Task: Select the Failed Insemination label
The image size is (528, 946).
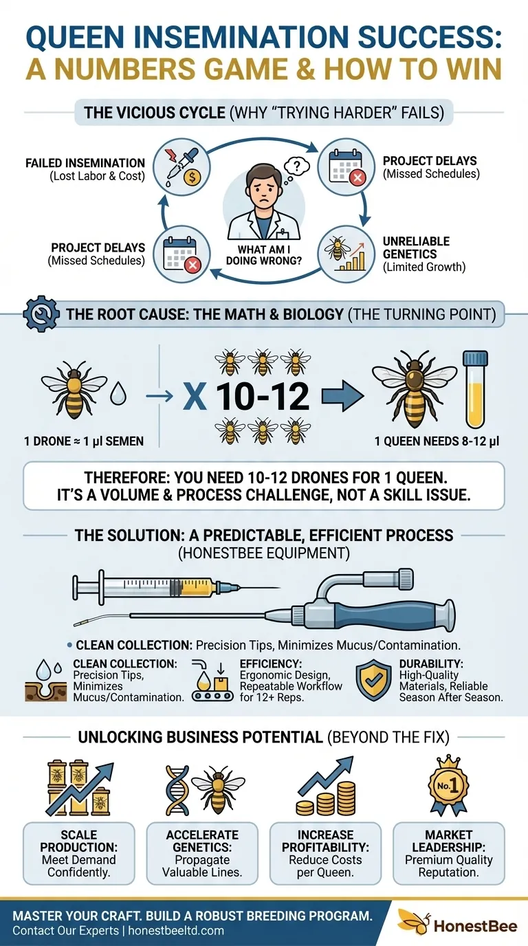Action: coord(85,169)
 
